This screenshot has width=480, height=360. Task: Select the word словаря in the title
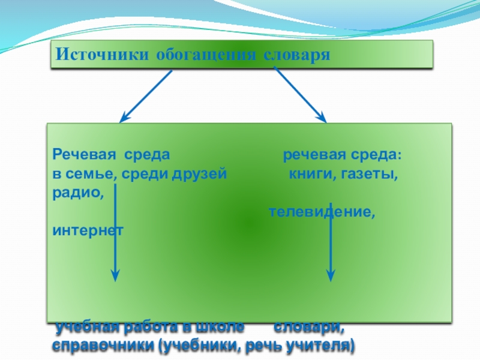click(x=297, y=55)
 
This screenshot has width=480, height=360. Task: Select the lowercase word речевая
click(x=310, y=155)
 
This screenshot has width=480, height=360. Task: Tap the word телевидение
click(x=322, y=212)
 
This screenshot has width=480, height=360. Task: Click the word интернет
click(x=88, y=231)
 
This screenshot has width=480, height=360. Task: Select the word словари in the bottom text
click(x=310, y=328)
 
